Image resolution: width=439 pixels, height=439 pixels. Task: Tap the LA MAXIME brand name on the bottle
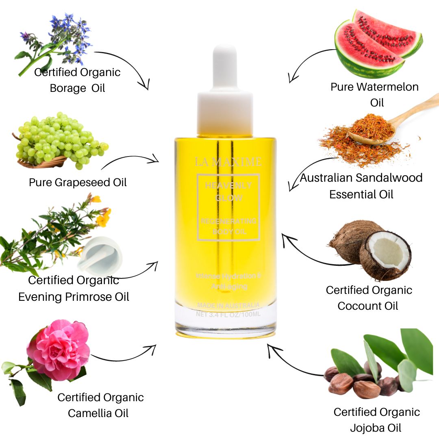(228, 162)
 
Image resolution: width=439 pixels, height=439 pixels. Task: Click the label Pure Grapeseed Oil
(78, 182)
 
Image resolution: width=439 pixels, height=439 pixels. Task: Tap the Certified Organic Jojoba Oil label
(376, 419)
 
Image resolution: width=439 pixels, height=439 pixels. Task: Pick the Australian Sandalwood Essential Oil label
(361, 186)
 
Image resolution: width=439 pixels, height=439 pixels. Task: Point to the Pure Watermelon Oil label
(374, 94)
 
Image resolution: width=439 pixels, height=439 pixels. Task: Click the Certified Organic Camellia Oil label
(100, 405)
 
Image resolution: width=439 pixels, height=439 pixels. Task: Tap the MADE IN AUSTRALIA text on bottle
(228, 305)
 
